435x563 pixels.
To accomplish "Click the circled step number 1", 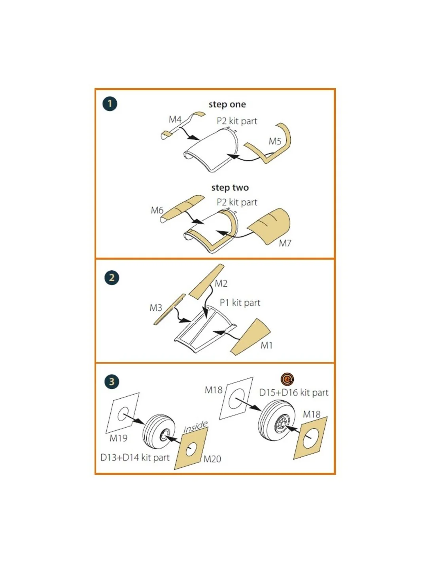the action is click(110, 104).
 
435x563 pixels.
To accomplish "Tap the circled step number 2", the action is click(112, 278).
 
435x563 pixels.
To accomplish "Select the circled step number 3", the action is click(112, 382).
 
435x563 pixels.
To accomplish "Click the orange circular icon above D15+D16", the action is click(287, 380).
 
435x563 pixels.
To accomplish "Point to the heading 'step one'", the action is click(227, 105).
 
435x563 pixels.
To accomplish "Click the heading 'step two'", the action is click(230, 188).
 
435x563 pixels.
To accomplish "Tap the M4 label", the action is click(175, 120).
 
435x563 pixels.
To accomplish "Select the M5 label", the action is click(275, 141).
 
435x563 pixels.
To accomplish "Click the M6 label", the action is click(157, 210).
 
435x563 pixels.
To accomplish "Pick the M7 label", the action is click(285, 243).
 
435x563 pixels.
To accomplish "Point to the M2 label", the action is click(221, 283).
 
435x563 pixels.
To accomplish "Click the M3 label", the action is click(156, 308).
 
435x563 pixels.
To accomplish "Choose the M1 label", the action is click(267, 345).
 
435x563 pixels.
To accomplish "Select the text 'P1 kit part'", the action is click(240, 302).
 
